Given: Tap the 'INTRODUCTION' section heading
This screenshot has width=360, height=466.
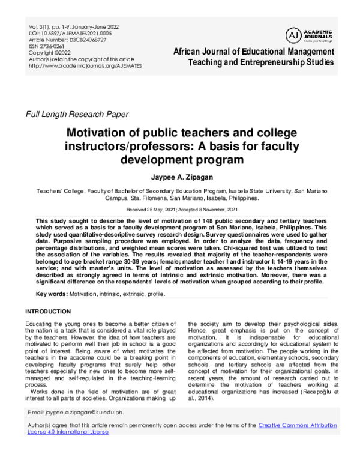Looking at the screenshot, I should click(52, 312).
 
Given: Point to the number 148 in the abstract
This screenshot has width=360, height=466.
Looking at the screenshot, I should click(205, 221).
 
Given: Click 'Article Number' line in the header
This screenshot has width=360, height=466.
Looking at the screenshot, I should click(67, 40).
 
